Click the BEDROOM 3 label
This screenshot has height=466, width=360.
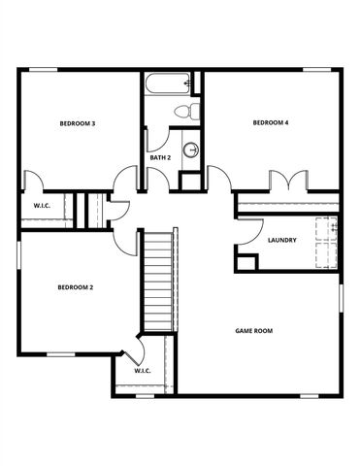coord(77,123)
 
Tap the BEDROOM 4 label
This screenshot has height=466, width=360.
coord(271,122)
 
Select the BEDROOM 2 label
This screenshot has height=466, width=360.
coord(75,286)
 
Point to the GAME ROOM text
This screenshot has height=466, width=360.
coord(254,331)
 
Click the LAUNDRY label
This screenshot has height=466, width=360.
coord(281,240)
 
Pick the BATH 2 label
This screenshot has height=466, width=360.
coord(160,157)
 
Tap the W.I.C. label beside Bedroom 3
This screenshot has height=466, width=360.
coord(42,205)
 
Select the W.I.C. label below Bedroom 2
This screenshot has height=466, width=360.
coord(142,370)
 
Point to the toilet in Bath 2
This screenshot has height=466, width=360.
coord(187,111)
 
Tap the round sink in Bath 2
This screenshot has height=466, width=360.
coord(191,150)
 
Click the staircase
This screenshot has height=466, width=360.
coord(157,282)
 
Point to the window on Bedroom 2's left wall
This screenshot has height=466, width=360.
coord(17,263)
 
